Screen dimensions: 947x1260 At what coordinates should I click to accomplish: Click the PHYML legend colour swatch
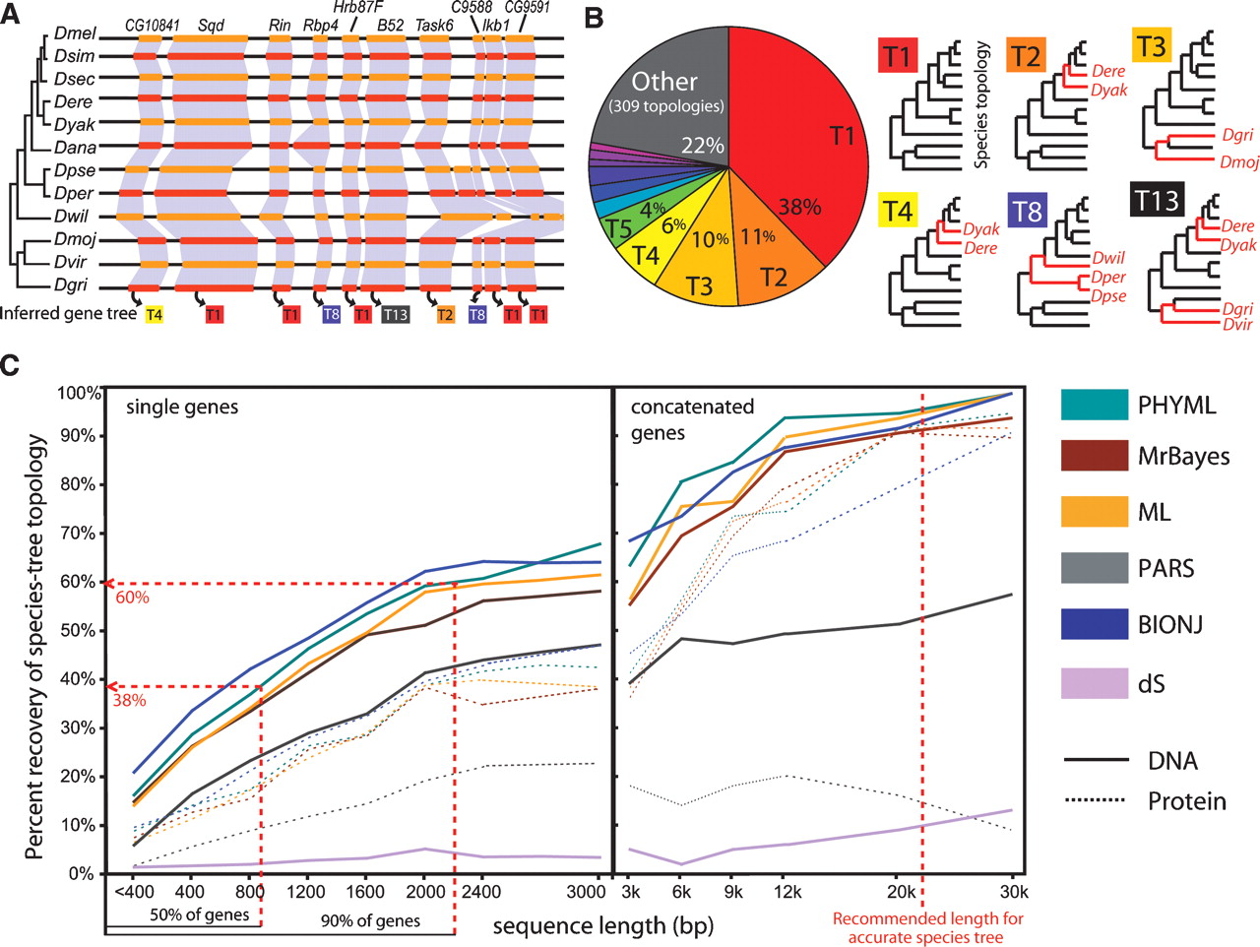(1094, 405)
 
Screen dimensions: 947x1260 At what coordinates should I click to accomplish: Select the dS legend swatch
(1094, 682)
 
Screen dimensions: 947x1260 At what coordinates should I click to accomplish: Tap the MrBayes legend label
(1182, 457)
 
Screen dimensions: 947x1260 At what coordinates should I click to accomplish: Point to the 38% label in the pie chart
(799, 207)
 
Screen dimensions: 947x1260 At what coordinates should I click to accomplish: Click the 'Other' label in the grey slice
(664, 82)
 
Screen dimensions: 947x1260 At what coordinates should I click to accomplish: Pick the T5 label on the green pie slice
(618, 229)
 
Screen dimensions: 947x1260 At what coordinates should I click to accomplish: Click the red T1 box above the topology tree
(897, 56)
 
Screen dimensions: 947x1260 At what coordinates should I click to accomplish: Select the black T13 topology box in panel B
(1156, 201)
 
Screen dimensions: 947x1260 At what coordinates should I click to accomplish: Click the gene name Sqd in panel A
(211, 25)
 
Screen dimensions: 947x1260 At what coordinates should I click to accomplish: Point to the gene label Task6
(435, 25)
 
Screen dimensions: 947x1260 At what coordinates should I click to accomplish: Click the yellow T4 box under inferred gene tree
(154, 315)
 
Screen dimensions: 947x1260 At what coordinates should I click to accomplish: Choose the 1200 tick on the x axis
(306, 893)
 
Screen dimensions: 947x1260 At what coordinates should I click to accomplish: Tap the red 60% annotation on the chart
(133, 598)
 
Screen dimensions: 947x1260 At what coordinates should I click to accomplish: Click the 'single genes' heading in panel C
(182, 407)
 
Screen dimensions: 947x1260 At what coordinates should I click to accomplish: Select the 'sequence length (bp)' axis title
(602, 925)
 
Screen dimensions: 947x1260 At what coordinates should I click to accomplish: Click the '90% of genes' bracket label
(370, 921)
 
